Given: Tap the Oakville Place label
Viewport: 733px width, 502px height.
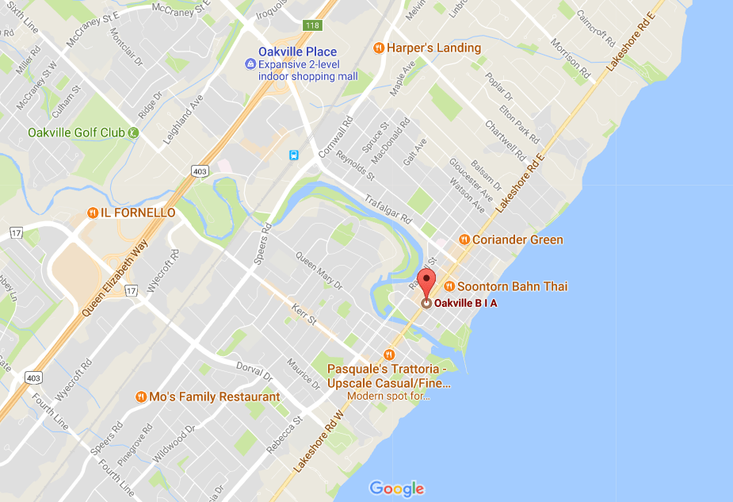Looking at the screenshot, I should click(x=292, y=52).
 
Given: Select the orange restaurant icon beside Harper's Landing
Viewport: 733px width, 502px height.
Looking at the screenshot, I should click(x=378, y=48).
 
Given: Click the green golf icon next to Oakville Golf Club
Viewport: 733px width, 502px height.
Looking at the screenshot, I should click(x=133, y=132).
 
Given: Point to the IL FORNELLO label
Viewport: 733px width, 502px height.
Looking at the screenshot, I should click(x=137, y=213).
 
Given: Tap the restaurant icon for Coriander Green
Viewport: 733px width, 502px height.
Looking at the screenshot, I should click(x=464, y=240).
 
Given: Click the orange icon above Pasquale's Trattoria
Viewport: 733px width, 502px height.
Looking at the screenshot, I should click(x=388, y=354).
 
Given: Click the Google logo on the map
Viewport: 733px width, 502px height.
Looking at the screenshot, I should click(x=397, y=489).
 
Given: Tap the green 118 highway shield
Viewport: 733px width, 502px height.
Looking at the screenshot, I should click(x=312, y=25).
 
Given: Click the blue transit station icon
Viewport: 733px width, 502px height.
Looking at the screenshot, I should click(x=294, y=155).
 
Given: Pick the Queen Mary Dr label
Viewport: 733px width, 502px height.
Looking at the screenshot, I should click(x=319, y=270).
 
